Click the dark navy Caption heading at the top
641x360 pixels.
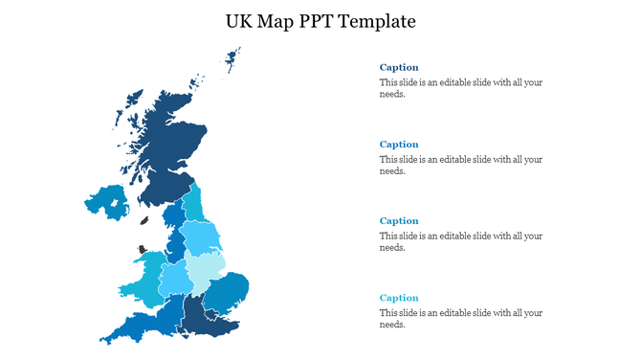pos(399,68)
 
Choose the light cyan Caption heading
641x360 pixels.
pos(399,298)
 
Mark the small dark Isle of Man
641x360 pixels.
pos(144,220)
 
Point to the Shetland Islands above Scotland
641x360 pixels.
pos(232,58)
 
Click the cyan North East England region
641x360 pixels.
pos(193,204)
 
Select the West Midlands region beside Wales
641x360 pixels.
pos(175,279)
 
